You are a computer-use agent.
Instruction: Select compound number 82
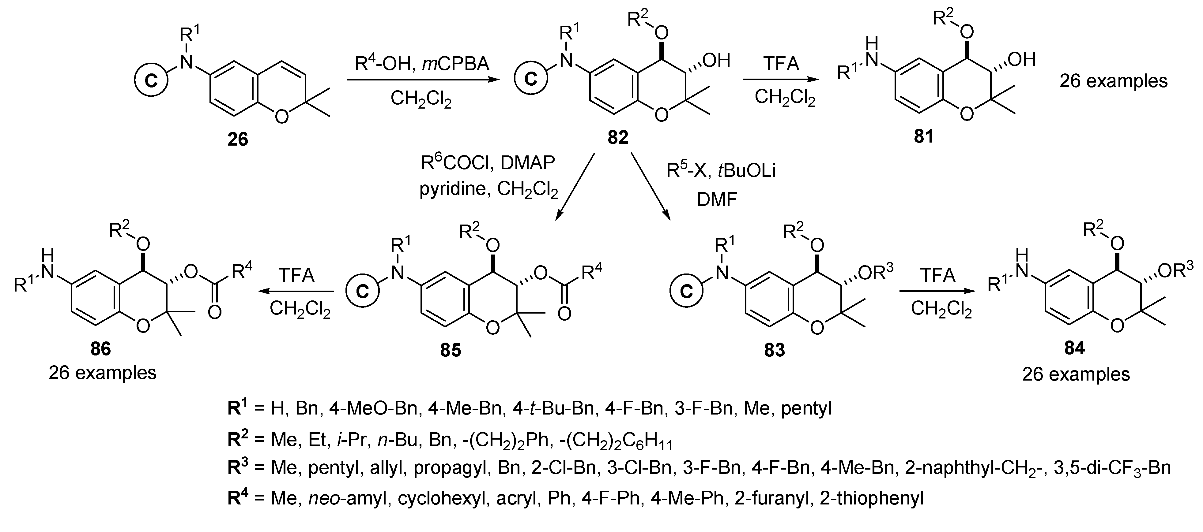617,137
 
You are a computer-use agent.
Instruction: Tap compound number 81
923,136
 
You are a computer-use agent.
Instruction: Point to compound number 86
100,349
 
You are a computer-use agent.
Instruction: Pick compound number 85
450,350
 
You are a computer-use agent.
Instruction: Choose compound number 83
774,350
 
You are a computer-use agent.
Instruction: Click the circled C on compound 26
150,81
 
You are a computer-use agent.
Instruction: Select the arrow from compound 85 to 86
297,292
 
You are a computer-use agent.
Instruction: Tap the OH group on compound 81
1022,59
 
